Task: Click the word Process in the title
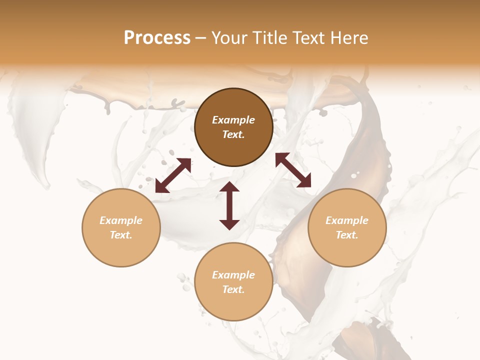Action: pyautogui.click(x=157, y=38)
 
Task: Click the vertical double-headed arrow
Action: pyautogui.click(x=229, y=205)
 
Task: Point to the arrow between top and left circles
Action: pyautogui.click(x=173, y=175)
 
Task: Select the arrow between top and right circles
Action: pyautogui.click(x=293, y=170)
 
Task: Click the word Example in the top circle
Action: pyautogui.click(x=233, y=120)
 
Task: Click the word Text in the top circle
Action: pyautogui.click(x=233, y=134)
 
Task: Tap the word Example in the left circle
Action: pyautogui.click(x=121, y=220)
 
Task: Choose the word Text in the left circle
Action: pyautogui.click(x=121, y=235)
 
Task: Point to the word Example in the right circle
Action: pyautogui.click(x=347, y=220)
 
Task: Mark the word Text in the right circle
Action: pyautogui.click(x=347, y=235)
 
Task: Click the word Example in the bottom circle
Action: pyautogui.click(x=233, y=275)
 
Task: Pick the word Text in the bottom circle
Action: pyautogui.click(x=233, y=289)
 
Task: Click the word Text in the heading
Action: pyautogui.click(x=304, y=38)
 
